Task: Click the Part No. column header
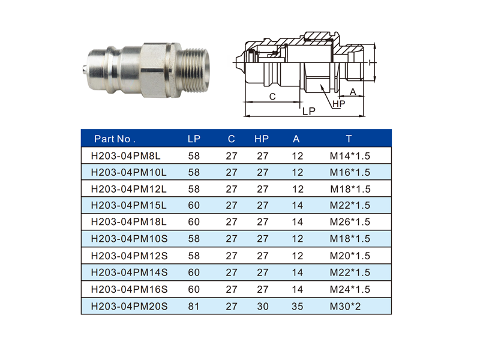pyautogui.click(x=115, y=139)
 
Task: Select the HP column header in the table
pyautogui.click(x=262, y=139)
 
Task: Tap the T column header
pyautogui.click(x=349, y=139)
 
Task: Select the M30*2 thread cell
pyautogui.click(x=346, y=306)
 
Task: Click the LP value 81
pyautogui.click(x=194, y=306)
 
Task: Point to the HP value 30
pyautogui.click(x=262, y=306)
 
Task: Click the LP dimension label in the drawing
pyautogui.click(x=309, y=111)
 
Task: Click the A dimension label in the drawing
pyautogui.click(x=353, y=91)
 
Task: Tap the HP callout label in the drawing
pyautogui.click(x=338, y=104)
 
